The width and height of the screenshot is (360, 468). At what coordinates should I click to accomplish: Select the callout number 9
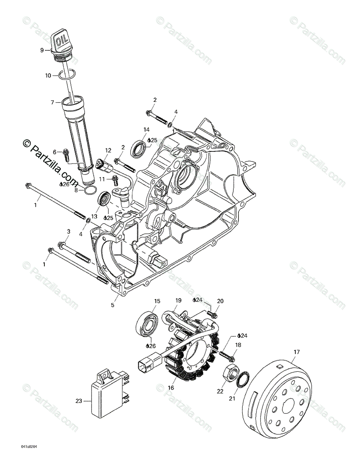[x=42, y=50]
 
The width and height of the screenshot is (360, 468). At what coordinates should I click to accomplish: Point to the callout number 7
[x=52, y=103]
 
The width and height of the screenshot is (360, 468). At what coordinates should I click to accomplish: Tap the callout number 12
[x=108, y=150]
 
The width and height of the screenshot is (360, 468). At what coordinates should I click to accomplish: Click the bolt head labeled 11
[x=115, y=179]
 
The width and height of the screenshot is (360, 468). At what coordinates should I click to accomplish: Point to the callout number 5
[x=113, y=305]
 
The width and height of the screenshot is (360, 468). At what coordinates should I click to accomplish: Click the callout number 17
[x=296, y=352]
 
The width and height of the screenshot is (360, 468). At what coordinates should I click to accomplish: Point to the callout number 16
[x=171, y=388]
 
